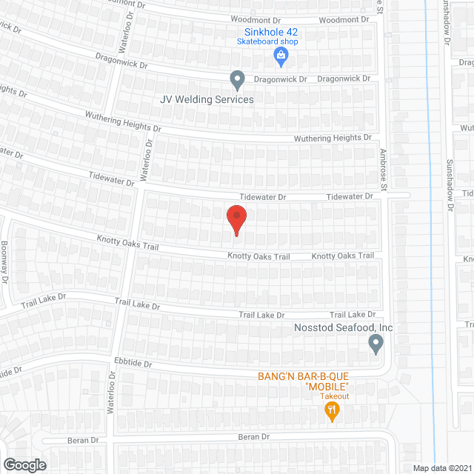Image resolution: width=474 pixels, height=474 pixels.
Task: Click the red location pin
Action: point(236,220)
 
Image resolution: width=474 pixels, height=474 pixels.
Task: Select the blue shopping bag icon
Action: point(281,56)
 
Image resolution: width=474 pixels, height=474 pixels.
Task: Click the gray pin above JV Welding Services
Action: point(237,79)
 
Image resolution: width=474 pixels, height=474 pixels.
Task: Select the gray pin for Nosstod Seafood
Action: point(375,344)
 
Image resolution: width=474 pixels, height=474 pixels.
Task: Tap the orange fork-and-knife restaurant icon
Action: point(332,411)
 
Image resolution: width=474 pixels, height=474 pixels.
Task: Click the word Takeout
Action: point(335,396)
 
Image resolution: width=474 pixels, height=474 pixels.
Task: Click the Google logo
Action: point(24,464)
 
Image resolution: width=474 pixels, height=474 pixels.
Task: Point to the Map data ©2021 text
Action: point(441,468)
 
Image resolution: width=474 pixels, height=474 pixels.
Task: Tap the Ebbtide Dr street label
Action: point(133,364)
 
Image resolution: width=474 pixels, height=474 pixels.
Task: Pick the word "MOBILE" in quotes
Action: point(327,387)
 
